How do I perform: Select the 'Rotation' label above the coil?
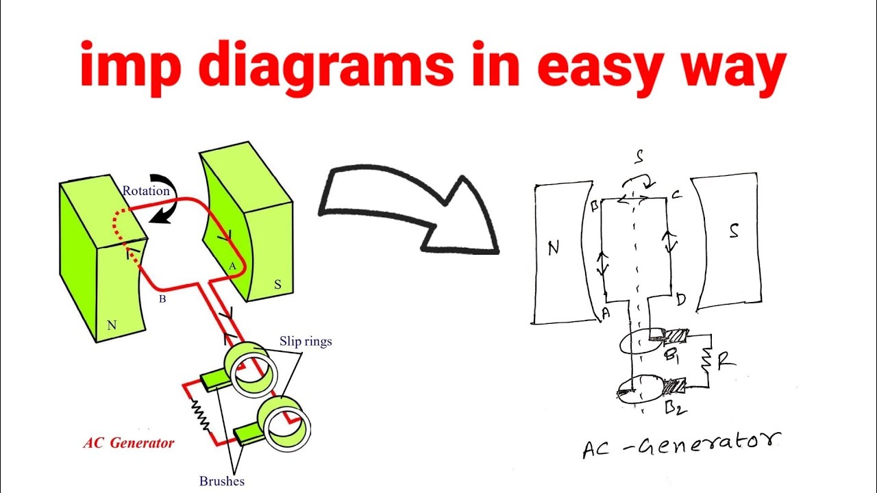[x=146, y=191]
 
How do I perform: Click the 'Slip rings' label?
[x=305, y=341]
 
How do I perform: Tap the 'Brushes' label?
[x=222, y=481]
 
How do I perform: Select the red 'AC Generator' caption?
[x=129, y=443]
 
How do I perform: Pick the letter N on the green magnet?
[x=112, y=326]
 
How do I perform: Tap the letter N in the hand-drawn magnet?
[x=554, y=247]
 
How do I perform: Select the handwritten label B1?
[x=673, y=357]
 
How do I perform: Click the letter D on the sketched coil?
[x=680, y=300]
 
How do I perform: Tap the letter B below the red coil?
[x=162, y=299]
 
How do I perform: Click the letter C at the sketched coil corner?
[x=676, y=194]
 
